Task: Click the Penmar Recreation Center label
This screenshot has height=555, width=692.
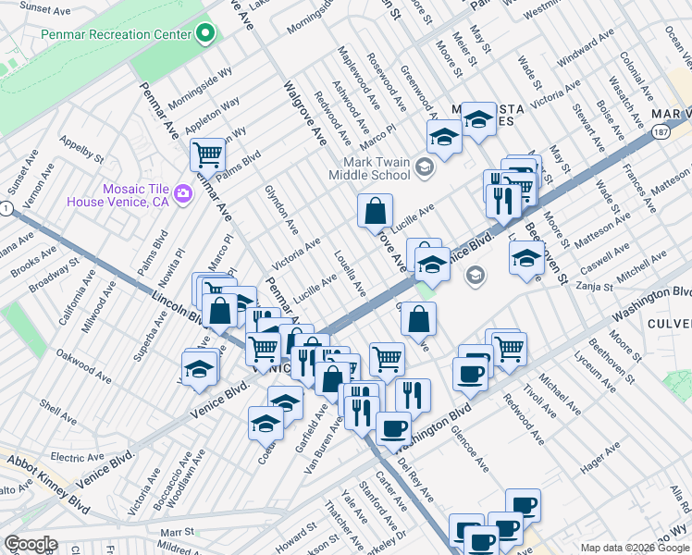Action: [x=116, y=35]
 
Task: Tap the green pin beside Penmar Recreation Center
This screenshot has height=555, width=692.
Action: [x=205, y=35]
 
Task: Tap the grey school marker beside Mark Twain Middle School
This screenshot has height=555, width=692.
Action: [x=425, y=167]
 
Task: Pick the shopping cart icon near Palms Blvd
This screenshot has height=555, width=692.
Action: [x=207, y=154]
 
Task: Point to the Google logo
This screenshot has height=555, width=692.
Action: [x=31, y=544]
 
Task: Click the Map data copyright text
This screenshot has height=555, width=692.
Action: [x=635, y=548]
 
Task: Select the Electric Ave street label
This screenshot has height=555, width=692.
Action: [x=78, y=457]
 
